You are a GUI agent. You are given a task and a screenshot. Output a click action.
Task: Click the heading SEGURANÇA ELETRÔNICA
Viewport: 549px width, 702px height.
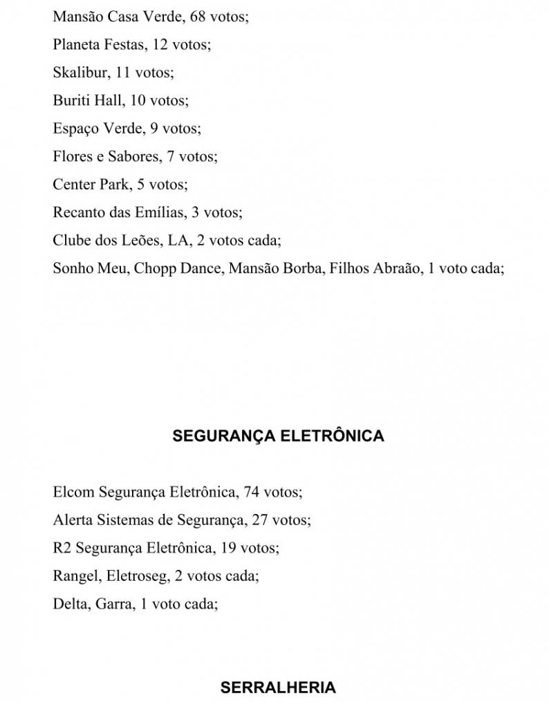click(x=278, y=436)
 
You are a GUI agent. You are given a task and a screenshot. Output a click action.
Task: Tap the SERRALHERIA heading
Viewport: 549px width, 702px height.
click(x=278, y=687)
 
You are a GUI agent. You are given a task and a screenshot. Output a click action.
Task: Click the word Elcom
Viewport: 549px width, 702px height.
click(x=73, y=492)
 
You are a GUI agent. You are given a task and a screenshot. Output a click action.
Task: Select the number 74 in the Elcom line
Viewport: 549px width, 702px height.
click(x=252, y=492)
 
